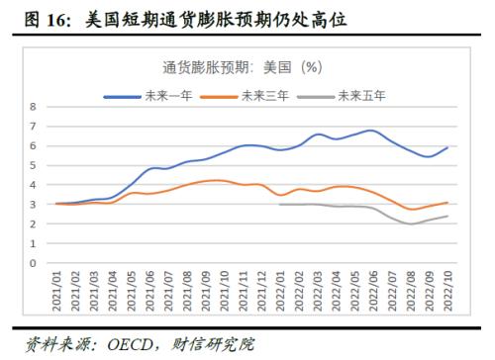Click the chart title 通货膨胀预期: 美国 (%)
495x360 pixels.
point(243,67)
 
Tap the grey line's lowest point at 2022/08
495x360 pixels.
point(410,225)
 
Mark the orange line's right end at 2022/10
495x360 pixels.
point(447,203)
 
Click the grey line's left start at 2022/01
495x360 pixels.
point(280,204)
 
